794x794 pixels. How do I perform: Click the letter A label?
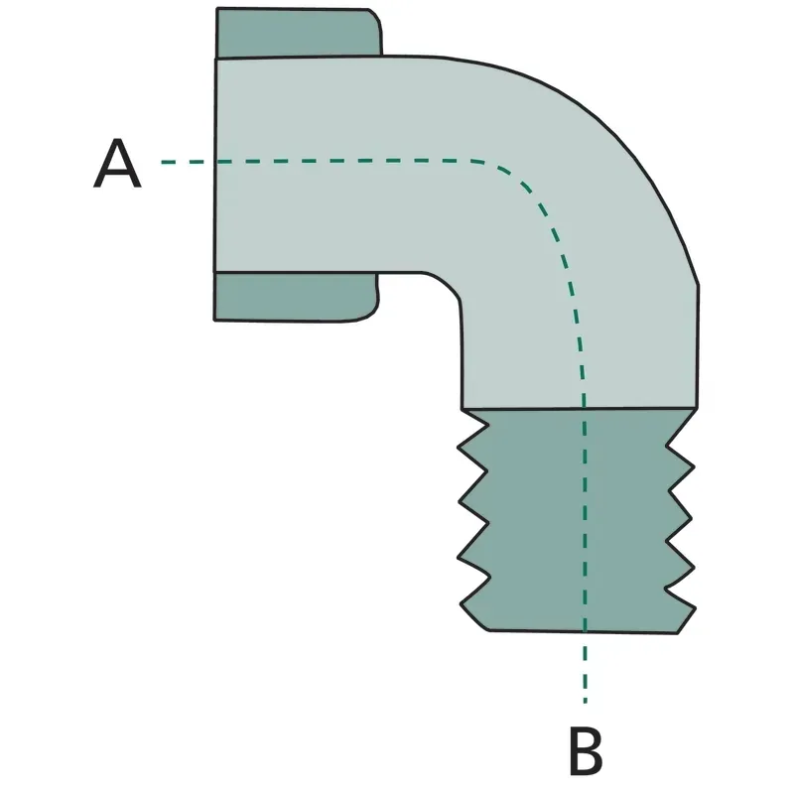pos(117,163)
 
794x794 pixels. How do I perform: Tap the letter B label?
pos(586,751)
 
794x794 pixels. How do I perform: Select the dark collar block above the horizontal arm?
pos(299,33)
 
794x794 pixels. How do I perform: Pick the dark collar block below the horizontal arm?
pos(296,297)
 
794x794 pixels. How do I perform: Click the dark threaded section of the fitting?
pos(578,520)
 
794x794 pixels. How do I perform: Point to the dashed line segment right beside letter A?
pos(183,162)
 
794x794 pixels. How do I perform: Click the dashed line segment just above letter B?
pos(586,667)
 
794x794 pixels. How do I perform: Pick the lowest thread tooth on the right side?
pos(680,596)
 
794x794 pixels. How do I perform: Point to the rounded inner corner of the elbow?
pos(446,284)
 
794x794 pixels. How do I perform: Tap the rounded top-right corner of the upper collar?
pos(377,17)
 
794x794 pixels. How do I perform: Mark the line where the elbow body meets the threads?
pos(580,408)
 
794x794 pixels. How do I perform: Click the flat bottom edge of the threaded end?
pos(584,631)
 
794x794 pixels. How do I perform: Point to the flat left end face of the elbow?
pos(215,166)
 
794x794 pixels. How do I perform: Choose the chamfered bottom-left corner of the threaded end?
pos(474,617)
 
